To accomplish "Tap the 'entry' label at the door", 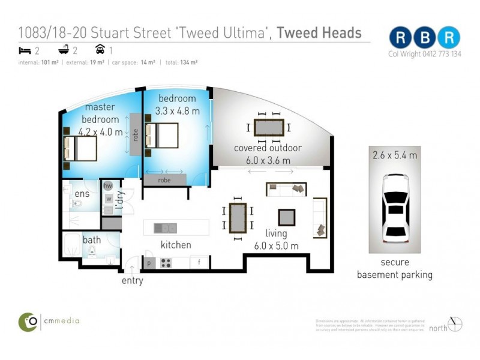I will [x=132, y=280].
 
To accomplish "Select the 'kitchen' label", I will [x=175, y=245].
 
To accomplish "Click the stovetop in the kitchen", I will [x=166, y=263].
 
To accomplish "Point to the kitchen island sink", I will [x=165, y=228].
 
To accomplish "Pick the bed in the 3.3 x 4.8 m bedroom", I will [x=161, y=136].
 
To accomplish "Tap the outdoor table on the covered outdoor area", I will [x=269, y=127].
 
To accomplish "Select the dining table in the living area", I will [x=238, y=217].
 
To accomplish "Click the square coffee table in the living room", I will [x=286, y=216].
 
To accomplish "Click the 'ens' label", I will [x=82, y=194].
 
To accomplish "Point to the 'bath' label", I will [x=92, y=240].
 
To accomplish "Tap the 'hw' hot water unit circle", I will [x=109, y=186].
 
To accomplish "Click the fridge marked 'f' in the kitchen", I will [x=199, y=263].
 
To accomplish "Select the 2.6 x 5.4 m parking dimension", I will [x=394, y=155].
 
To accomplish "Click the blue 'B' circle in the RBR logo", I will [x=424, y=37].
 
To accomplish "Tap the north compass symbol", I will [x=455, y=324].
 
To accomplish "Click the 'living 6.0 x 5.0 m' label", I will [x=276, y=239].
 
